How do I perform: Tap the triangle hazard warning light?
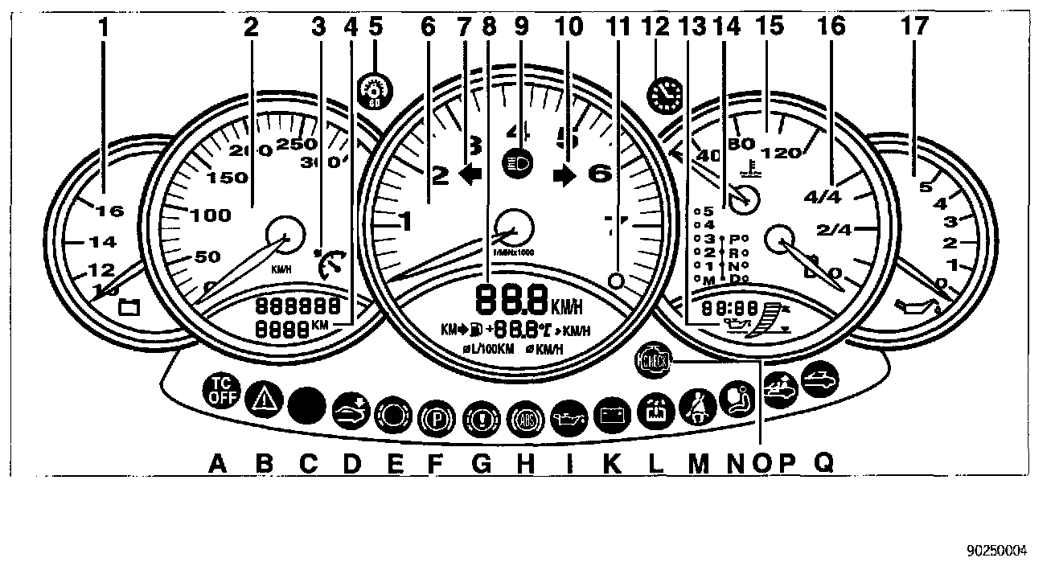tap(261, 397)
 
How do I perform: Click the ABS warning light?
tap(525, 419)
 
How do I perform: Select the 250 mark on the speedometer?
tap(293, 145)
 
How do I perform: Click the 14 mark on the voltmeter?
tap(103, 240)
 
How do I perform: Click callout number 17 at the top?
tap(914, 27)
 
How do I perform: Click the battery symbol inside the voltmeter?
tap(129, 306)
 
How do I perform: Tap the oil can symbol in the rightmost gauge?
tap(917, 306)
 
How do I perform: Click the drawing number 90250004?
tap(996, 552)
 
